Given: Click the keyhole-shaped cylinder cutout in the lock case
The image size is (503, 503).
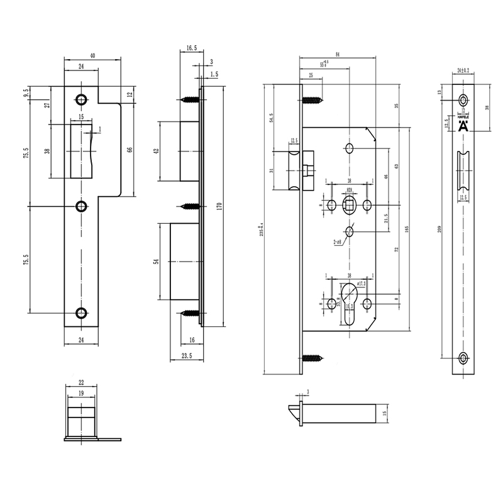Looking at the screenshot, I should (x=351, y=301).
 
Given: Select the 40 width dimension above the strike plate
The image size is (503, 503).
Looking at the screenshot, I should (x=93, y=56).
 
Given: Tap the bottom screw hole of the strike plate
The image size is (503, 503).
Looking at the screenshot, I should (x=81, y=313).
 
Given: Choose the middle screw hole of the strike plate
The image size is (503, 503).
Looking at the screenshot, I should (x=81, y=206).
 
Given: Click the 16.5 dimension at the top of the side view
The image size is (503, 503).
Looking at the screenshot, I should (x=192, y=47).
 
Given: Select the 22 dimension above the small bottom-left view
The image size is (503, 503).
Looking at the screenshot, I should (x=82, y=383).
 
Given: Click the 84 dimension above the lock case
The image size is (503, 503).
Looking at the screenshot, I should (x=338, y=55).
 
